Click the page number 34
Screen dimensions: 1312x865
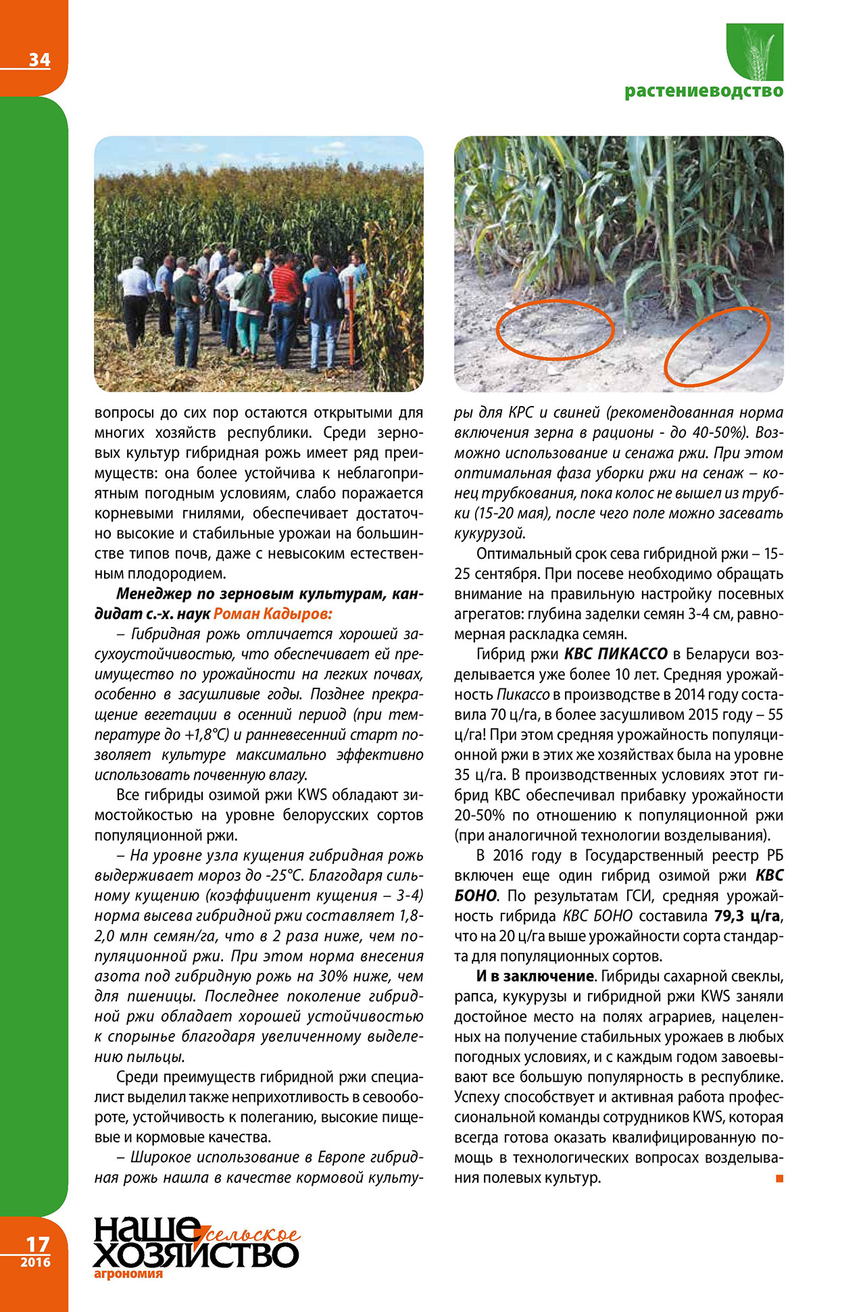coord(39,60)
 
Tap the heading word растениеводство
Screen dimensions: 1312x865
coord(703,91)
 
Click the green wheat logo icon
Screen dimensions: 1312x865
coord(755,52)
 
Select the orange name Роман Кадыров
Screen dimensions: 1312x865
coord(272,614)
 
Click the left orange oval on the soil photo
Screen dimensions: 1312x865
coord(555,329)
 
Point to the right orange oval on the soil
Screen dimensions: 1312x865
coord(717,346)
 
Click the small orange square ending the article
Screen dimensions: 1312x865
coord(779,1178)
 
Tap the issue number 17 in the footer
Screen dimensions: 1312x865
coord(38,1244)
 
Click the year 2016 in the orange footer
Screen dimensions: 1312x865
coord(35,1262)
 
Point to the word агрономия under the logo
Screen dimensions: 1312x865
coord(128,1274)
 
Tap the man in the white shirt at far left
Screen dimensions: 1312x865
coord(136,297)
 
